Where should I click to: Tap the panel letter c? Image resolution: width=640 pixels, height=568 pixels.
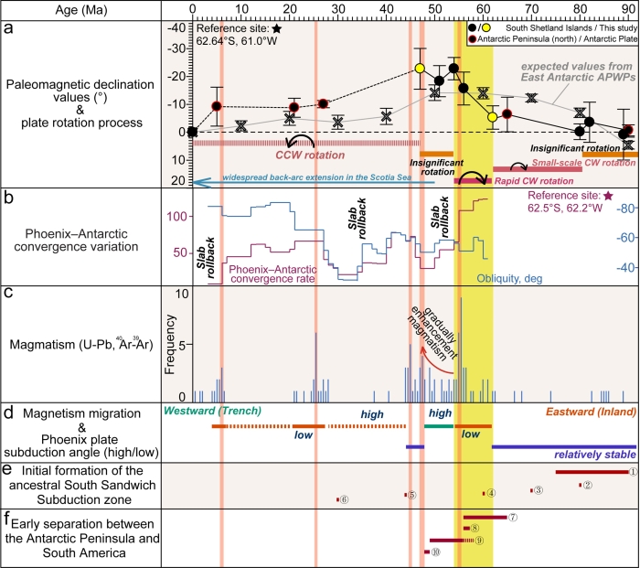(x=7, y=294)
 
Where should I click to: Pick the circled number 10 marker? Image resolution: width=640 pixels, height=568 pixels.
(x=436, y=552)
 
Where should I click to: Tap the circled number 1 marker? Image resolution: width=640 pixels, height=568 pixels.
(x=631, y=472)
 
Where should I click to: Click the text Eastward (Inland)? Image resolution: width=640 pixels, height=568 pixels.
(x=589, y=413)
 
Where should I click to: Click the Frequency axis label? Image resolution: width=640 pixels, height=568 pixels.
(x=180, y=348)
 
